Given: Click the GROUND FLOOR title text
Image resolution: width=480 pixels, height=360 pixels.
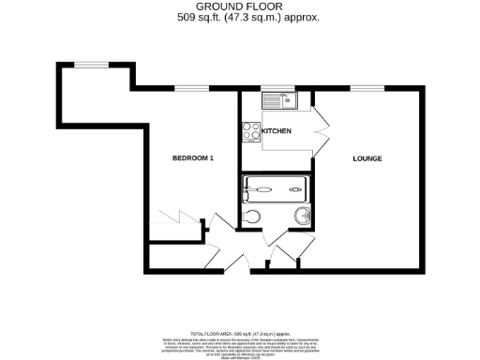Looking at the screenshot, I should (x=239, y=7).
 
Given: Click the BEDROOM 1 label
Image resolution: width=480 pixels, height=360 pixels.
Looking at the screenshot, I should (x=193, y=158).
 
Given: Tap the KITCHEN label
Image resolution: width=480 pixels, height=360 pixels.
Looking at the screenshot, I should (x=277, y=130).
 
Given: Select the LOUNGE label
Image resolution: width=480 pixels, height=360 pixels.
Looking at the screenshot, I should (x=367, y=158).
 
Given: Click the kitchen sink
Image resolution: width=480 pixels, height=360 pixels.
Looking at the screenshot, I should (x=278, y=100).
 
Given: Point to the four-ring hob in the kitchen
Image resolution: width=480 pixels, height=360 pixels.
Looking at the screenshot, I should (x=250, y=132).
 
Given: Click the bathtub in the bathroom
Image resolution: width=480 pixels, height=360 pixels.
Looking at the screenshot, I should (x=274, y=190).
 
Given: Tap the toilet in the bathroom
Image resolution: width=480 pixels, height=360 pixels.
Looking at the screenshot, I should (x=249, y=217).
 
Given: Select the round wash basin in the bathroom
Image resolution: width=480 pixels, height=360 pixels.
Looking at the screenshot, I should (x=303, y=217).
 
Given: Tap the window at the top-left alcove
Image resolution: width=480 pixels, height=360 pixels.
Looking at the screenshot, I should (x=91, y=63).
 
